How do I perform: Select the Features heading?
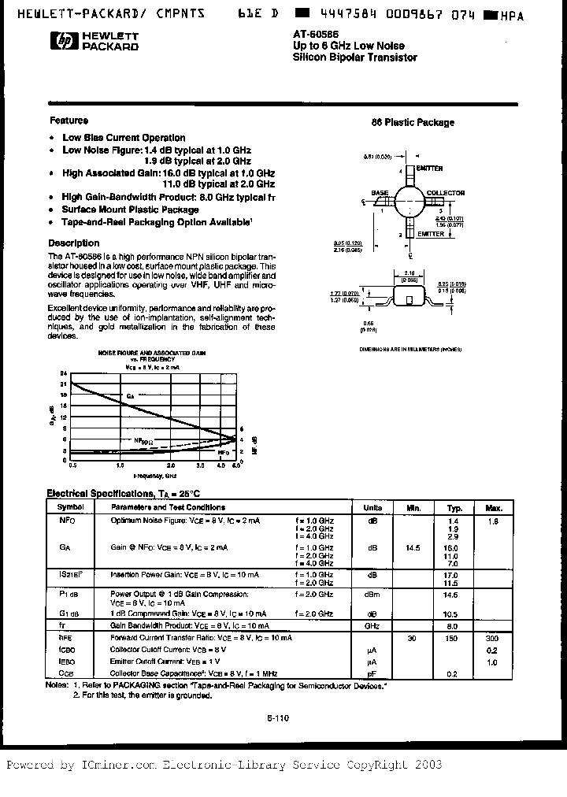pyautogui.click(x=69, y=120)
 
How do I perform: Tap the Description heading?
pyautogui.click(x=74, y=243)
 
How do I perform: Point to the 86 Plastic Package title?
pyautogui.click(x=413, y=122)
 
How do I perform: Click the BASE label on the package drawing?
pyautogui.click(x=380, y=192)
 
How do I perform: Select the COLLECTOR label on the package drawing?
pyautogui.click(x=445, y=192)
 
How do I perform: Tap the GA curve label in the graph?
pyautogui.click(x=130, y=395)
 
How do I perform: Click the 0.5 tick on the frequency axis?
pyautogui.click(x=72, y=466)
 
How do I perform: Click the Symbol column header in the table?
pyautogui.click(x=70, y=508)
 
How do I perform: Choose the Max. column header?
pyautogui.click(x=494, y=508)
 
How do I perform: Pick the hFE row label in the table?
pyautogui.click(x=65, y=637)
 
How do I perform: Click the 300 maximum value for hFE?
pyautogui.click(x=492, y=637)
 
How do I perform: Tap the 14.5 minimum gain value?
pyautogui.click(x=412, y=547)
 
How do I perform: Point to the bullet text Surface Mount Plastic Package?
pyautogui.click(x=130, y=210)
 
